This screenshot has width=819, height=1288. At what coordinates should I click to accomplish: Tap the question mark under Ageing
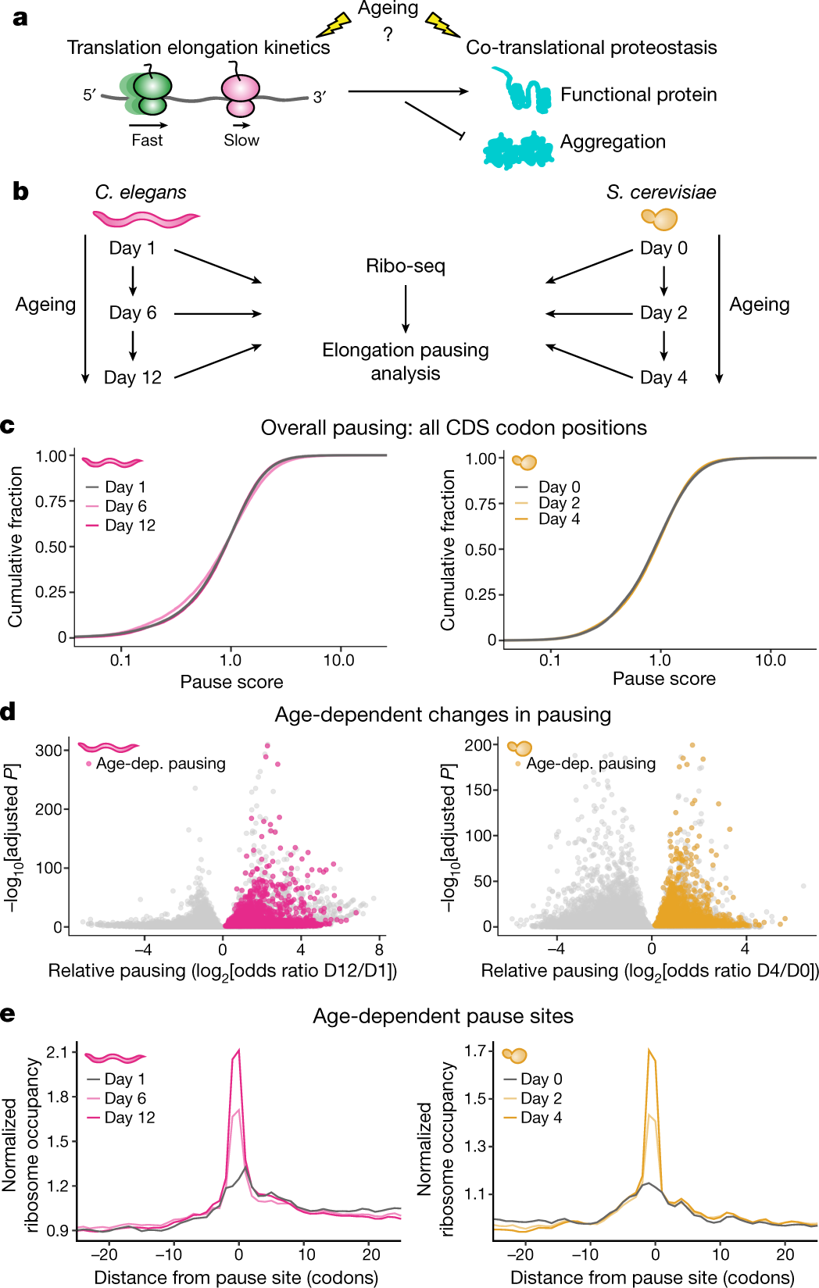pos(388,35)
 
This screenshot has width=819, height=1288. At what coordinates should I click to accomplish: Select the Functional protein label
pos(638,95)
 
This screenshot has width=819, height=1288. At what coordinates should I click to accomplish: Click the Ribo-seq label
pos(406,266)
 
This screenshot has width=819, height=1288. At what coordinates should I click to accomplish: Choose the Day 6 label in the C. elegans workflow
pos(133,312)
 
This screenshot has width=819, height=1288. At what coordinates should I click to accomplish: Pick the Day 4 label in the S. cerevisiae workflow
pos(663,377)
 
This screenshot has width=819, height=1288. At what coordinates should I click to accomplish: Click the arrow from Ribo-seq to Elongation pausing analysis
pos(406,309)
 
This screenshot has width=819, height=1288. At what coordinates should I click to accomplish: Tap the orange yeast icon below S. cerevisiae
pos(659,219)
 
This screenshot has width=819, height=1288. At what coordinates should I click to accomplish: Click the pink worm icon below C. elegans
pos(147,219)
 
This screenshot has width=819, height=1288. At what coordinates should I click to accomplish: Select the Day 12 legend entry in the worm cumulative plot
pos(122,525)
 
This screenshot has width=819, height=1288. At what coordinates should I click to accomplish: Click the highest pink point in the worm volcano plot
pos(266,746)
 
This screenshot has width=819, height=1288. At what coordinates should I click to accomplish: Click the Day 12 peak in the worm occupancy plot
pos(238,1050)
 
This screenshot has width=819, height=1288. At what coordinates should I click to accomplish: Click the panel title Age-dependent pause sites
pos(443,1016)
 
